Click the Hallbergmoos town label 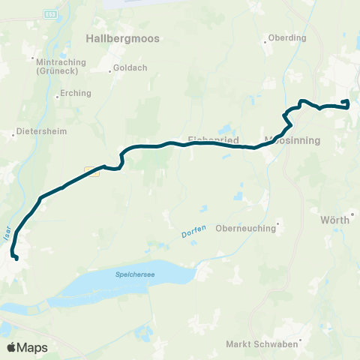pyautogui.click(x=123, y=38)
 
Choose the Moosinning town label pyautogui.click(x=294, y=139)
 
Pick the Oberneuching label pyautogui.click(x=246, y=229)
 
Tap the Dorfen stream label pyautogui.click(x=193, y=234)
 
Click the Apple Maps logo pyautogui.click(x=27, y=347)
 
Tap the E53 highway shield pyautogui.click(x=50, y=14)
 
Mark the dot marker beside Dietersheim pyautogui.click(x=13, y=136)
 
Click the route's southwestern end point pyautogui.click(x=16, y=259)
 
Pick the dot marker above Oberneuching pyautogui.click(x=277, y=221)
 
